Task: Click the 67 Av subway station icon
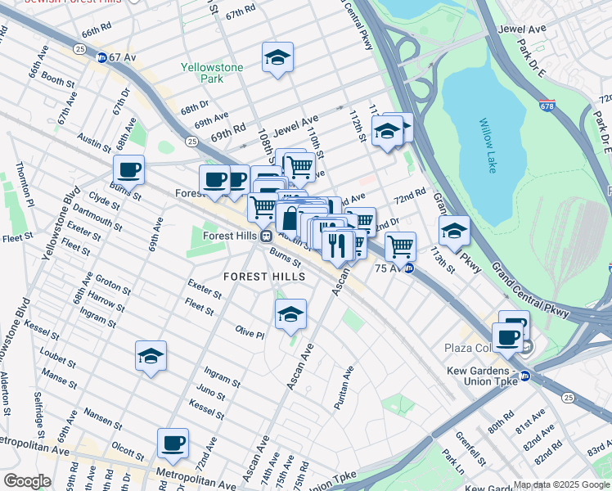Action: [102, 58]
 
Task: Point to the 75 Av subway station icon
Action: [409, 268]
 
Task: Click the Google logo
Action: [26, 481]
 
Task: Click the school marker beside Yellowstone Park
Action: [277, 57]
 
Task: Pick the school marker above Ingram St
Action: [151, 355]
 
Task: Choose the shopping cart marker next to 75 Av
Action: [400, 245]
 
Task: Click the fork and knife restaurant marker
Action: [338, 244]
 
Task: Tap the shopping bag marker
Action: [291, 218]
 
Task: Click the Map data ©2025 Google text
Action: [561, 484]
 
